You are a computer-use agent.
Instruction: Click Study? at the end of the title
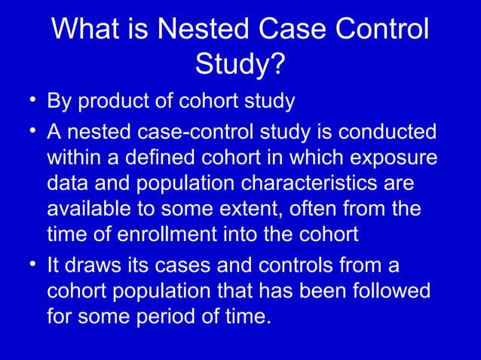[x=240, y=66]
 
